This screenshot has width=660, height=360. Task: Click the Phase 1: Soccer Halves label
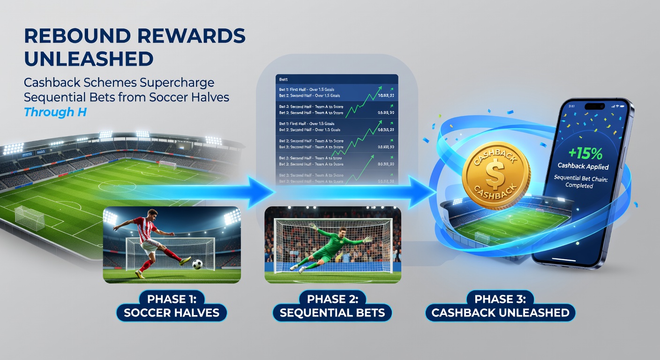coord(172,306)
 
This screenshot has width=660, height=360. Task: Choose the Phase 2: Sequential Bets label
coord(332,306)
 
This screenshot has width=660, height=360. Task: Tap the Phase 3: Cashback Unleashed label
coord(500,306)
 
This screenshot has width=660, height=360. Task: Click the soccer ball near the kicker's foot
coord(197,264)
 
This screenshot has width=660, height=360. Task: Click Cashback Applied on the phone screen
coord(583,166)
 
